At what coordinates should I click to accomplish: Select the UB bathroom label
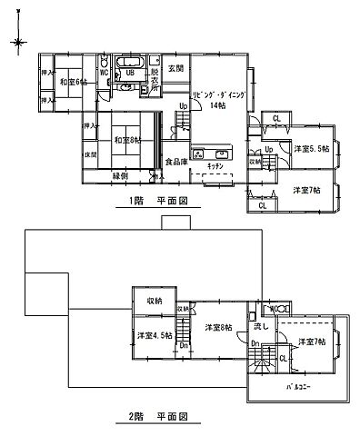[x=130, y=73]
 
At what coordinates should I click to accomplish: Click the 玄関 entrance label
[x=175, y=68]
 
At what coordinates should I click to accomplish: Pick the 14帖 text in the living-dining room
[x=216, y=105]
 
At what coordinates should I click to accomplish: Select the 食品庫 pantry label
[x=176, y=163]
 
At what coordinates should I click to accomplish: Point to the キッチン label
[x=215, y=167]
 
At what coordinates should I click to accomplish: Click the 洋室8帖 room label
[x=218, y=327]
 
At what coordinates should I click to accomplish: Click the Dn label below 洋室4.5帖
[x=183, y=345]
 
